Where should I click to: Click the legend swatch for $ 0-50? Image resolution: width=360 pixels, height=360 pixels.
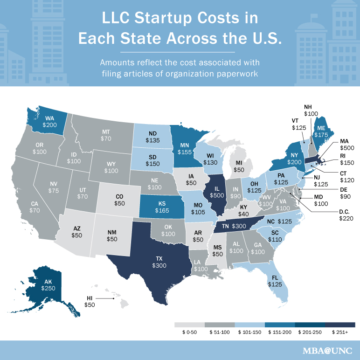(x=189, y=325)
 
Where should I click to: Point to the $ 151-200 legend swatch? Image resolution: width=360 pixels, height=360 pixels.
(x=279, y=325)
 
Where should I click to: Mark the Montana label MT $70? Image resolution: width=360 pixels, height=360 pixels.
(x=106, y=135)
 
